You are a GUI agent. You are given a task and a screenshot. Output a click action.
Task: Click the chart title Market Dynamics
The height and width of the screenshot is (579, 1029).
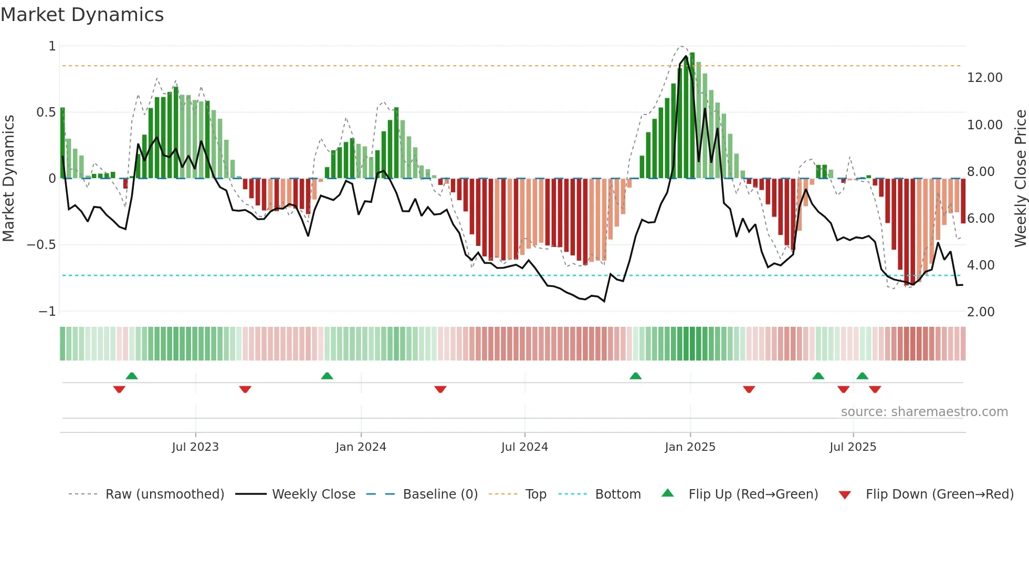pyautogui.click(x=82, y=15)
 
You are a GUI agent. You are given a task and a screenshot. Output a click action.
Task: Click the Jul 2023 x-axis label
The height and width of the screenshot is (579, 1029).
pyautogui.click(x=195, y=447)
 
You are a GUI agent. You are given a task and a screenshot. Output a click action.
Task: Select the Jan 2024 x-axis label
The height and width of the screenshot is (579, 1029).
pyautogui.click(x=361, y=447)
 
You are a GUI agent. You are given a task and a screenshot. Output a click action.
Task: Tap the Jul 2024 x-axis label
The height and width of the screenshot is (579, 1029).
pyautogui.click(x=524, y=447)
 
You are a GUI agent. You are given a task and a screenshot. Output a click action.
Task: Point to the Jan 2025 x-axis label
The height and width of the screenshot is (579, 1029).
pyautogui.click(x=690, y=447)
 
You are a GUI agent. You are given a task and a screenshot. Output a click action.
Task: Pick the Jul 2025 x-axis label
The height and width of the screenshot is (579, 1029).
pyautogui.click(x=853, y=447)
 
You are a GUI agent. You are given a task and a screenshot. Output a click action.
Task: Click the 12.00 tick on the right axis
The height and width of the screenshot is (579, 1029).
pyautogui.click(x=984, y=78)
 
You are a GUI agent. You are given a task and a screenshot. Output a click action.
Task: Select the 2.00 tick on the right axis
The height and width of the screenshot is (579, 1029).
pyautogui.click(x=981, y=312)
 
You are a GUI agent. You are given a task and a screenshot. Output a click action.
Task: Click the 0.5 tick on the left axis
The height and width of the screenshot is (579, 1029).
pyautogui.click(x=46, y=112)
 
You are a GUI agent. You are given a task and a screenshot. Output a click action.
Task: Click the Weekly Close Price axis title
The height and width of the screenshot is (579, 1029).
pyautogui.click(x=1020, y=178)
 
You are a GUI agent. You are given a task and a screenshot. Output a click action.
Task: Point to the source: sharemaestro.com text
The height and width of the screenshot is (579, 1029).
pyautogui.click(x=924, y=412)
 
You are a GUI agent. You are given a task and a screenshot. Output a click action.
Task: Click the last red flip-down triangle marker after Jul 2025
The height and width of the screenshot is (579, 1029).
pyautogui.click(x=875, y=389)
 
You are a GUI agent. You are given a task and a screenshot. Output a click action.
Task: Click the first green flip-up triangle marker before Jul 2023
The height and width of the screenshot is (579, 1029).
pyautogui.click(x=132, y=376)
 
